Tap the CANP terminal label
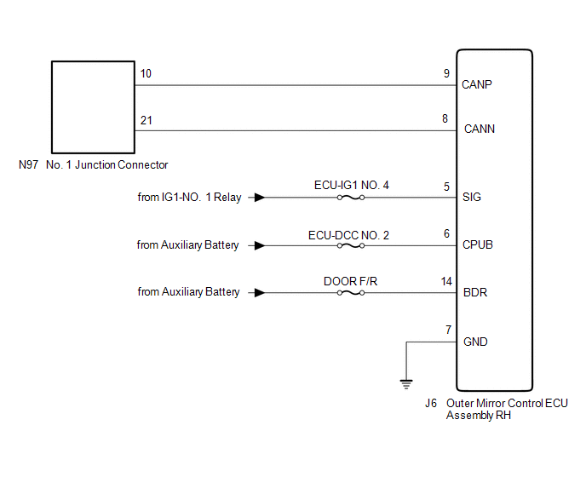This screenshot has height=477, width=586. click(477, 85)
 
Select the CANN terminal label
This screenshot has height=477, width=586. click(479, 130)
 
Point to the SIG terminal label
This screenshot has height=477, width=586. click(472, 198)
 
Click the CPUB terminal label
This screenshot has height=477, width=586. click(478, 245)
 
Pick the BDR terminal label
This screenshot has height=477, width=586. click(474, 292)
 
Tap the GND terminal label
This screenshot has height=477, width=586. click(474, 342)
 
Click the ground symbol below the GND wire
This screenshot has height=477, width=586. click(406, 383)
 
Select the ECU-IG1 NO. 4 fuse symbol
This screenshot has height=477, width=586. click(350, 198)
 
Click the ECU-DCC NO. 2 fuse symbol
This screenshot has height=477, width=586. click(350, 245)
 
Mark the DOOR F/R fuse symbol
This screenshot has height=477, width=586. click(350, 292)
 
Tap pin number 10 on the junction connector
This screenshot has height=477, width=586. click(146, 74)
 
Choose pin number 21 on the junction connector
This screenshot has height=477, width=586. click(146, 120)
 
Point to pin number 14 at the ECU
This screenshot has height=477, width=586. click(446, 280)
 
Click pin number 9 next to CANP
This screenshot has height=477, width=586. click(446, 74)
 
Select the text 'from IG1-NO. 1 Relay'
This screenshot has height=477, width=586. click(189, 198)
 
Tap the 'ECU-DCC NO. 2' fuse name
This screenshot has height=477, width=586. click(349, 234)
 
